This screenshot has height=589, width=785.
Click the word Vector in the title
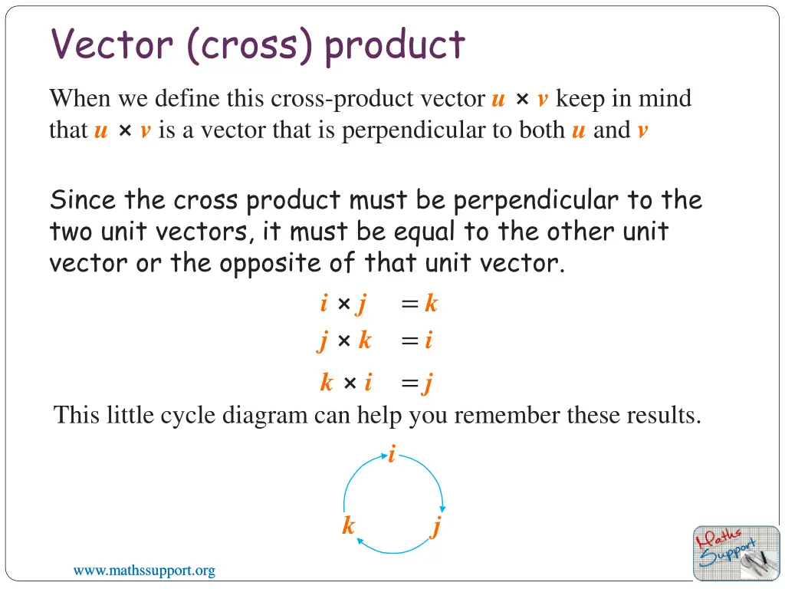tap(112, 44)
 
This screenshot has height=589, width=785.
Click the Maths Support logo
tap(736, 552)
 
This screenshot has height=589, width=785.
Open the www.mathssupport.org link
tap(144, 571)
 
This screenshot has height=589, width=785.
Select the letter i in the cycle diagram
tap(392, 456)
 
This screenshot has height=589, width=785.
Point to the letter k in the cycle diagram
tap(349, 526)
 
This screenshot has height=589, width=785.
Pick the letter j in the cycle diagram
tap(436, 528)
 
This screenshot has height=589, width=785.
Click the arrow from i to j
tap(429, 475)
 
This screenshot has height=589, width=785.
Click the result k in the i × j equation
tap(431, 304)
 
